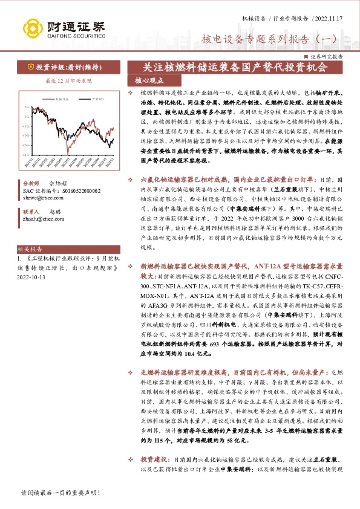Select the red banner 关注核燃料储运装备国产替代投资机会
point(234,67)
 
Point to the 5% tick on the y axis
point(27,106)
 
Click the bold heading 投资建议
point(153,476)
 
